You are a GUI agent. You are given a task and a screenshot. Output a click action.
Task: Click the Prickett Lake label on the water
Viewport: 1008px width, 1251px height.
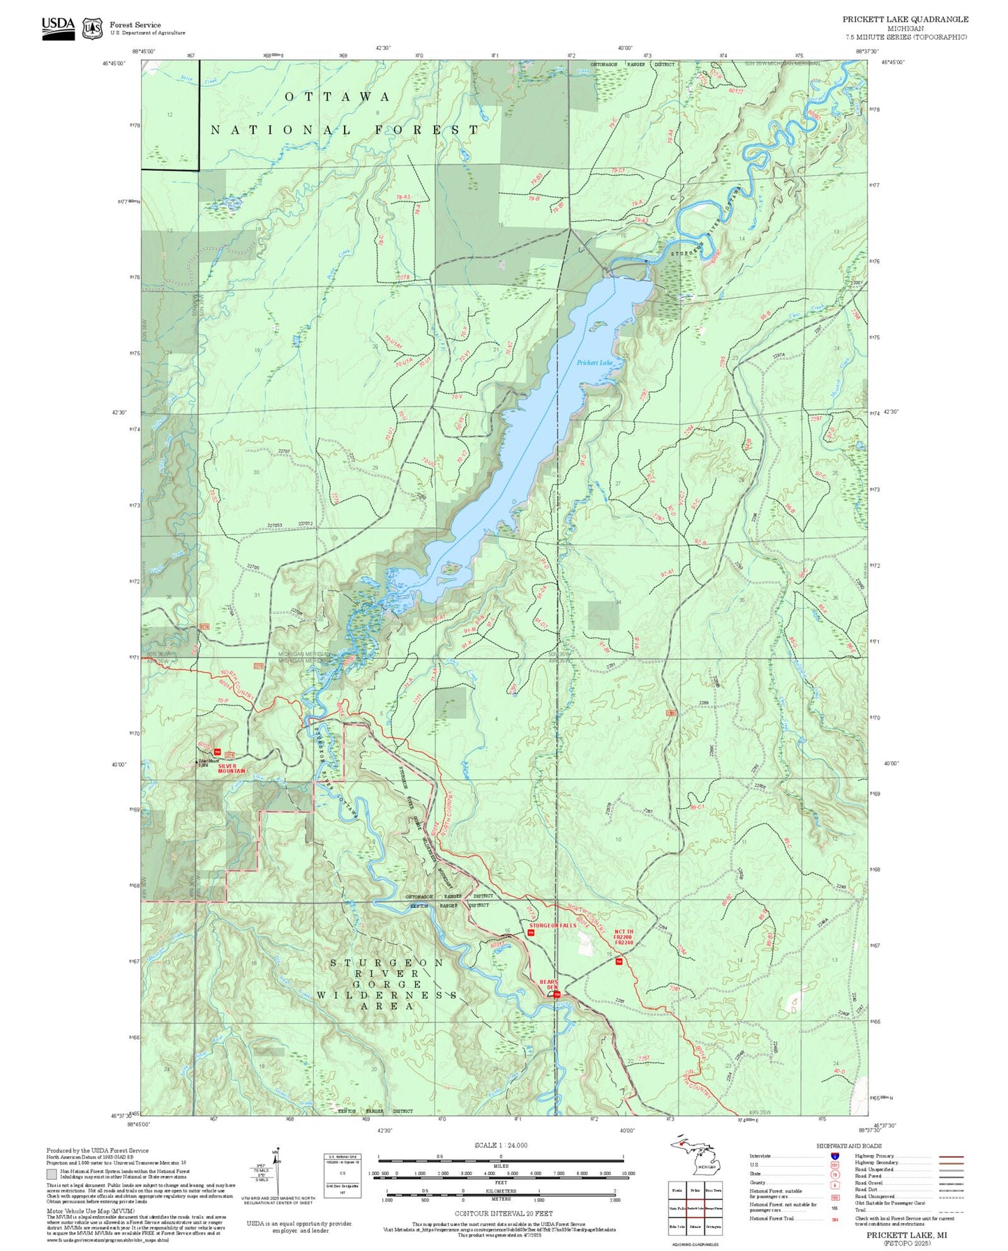click(594, 363)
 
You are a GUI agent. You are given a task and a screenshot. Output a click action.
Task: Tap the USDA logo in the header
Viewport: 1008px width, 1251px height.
click(58, 27)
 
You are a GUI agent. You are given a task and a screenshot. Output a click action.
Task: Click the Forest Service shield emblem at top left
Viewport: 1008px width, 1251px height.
click(91, 29)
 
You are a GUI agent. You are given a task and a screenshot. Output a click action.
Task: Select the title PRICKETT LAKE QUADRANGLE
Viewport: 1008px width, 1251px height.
click(905, 20)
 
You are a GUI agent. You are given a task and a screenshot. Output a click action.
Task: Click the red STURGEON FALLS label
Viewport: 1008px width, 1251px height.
click(552, 925)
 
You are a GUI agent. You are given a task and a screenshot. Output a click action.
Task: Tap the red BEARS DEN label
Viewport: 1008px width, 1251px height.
click(550, 985)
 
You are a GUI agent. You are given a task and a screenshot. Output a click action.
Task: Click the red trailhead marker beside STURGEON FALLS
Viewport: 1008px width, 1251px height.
click(531, 932)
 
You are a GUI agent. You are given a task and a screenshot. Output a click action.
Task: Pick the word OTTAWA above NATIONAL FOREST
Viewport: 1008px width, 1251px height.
click(337, 97)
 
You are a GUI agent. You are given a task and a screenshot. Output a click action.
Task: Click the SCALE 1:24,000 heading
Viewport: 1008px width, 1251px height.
click(501, 1145)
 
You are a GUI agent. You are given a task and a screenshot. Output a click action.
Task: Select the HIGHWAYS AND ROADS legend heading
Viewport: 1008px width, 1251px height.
click(849, 1146)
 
